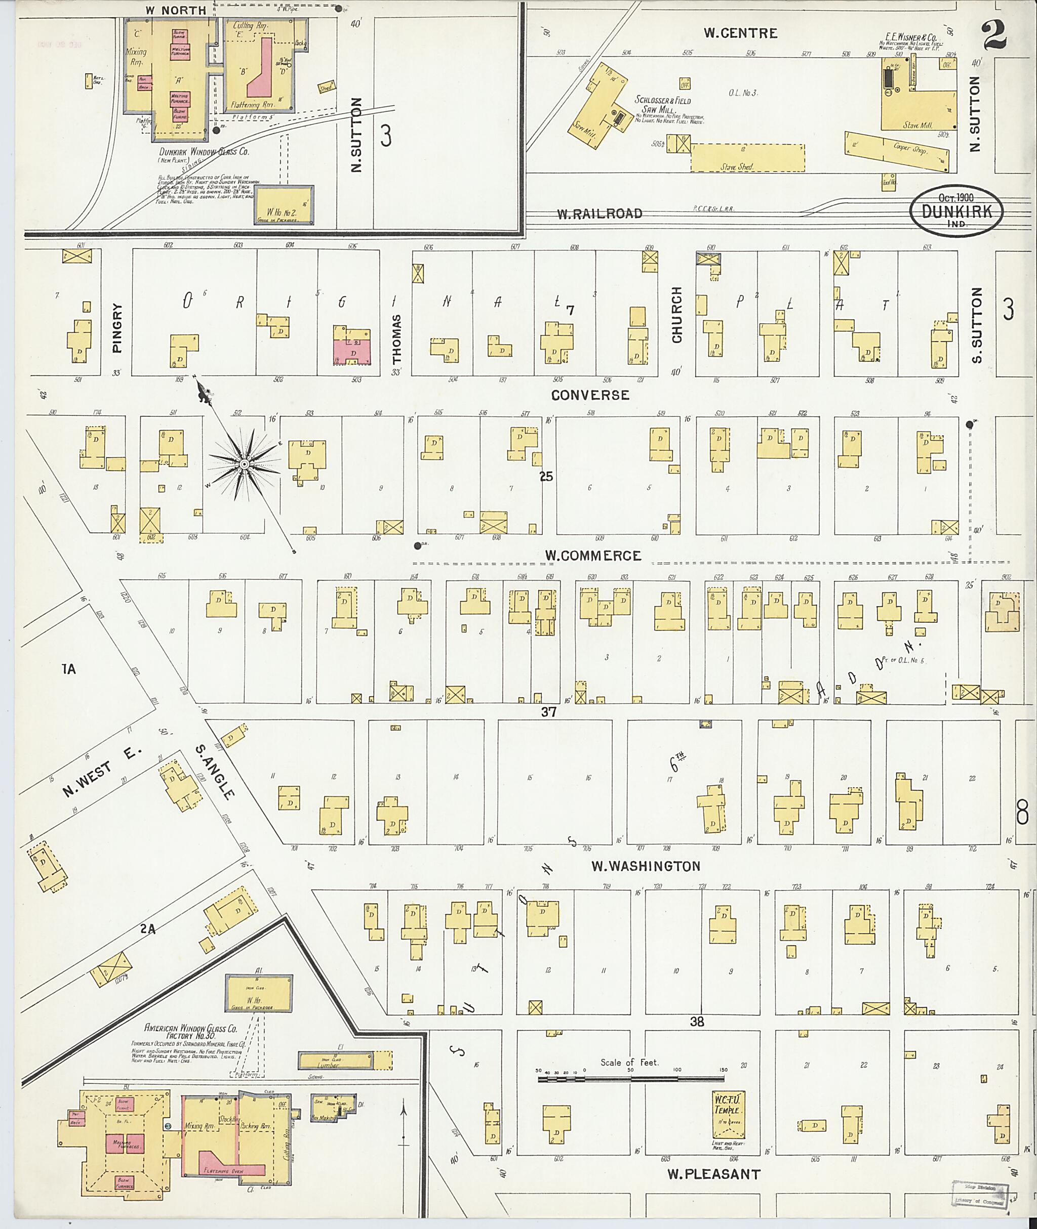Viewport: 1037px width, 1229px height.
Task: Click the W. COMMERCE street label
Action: coord(592,556)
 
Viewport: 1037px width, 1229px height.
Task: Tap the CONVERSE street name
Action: coord(589,395)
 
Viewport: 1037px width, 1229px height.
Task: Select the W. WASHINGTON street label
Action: coord(646,866)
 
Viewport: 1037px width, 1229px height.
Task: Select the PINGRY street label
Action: coord(116,327)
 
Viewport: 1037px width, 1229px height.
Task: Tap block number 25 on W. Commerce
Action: coord(546,477)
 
